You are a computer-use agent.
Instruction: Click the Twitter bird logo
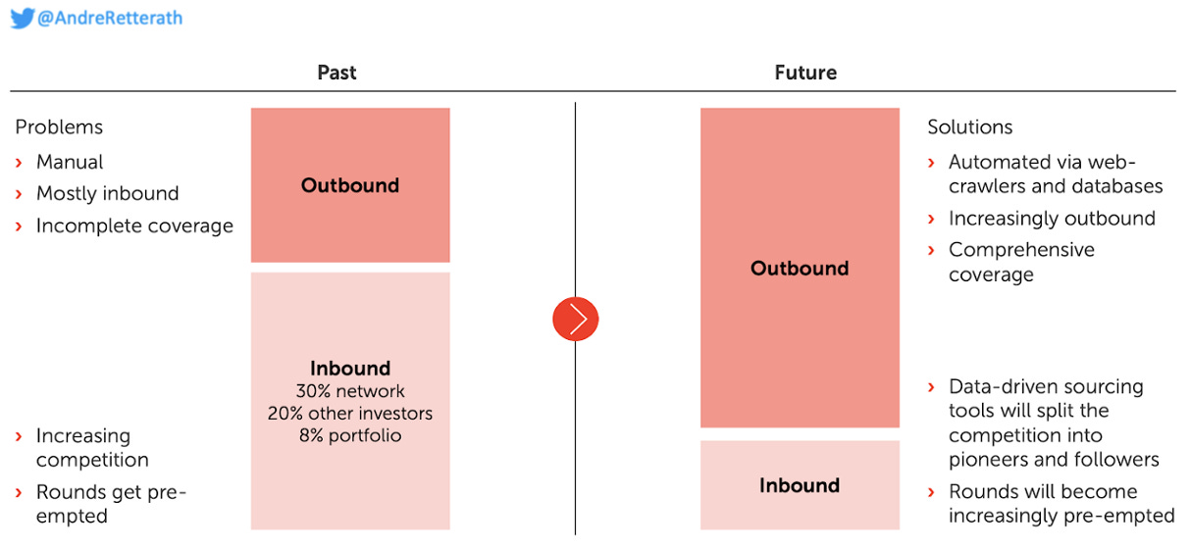pos(23,18)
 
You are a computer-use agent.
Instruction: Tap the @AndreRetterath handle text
pos(110,18)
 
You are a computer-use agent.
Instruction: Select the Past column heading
pos(336,73)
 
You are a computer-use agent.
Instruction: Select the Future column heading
pos(805,73)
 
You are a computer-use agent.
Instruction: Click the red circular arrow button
pos(576,319)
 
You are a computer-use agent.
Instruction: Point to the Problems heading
pos(59,127)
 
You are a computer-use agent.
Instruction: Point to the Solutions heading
pos(970,127)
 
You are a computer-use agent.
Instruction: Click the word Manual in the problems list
pos(70,162)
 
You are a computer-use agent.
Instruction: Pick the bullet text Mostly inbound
pos(108,193)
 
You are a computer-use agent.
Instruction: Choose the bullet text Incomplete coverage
pos(134,225)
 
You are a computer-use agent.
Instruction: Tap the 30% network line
pos(350,391)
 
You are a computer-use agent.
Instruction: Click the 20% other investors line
pos(350,413)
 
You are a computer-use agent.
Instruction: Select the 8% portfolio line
pos(350,435)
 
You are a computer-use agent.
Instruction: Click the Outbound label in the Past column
pos(350,185)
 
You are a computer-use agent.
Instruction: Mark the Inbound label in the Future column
pos(800,485)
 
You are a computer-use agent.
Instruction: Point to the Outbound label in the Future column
pos(800,269)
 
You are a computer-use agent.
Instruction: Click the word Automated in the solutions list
pos(994,162)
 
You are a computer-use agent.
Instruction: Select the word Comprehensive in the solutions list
pos(1021,250)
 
